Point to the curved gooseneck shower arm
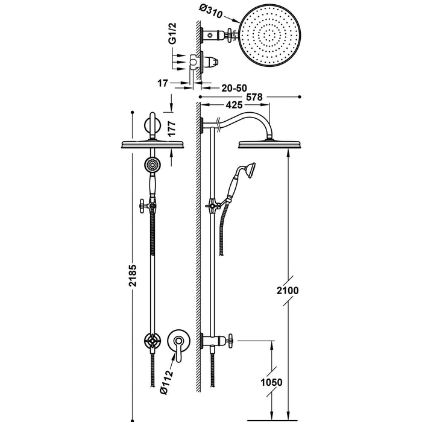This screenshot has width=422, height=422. pyautogui.click(x=241, y=119)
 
